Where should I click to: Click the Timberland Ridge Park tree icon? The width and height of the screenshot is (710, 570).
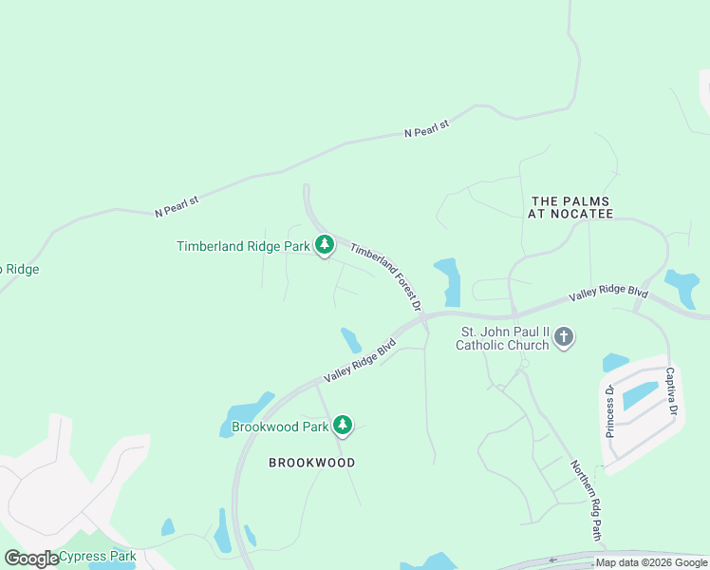325,246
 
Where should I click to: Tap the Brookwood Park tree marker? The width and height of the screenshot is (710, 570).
343,427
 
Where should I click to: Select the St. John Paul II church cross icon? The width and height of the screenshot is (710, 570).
564,337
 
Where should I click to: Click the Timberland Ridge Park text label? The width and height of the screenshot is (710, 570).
243,247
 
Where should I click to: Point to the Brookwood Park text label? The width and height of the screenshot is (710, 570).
280,427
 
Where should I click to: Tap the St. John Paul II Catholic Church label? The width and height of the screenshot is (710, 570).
502,338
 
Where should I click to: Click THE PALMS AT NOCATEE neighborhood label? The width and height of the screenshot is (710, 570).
570,208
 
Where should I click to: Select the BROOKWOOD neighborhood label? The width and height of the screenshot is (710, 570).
311,463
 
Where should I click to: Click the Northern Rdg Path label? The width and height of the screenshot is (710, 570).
586,500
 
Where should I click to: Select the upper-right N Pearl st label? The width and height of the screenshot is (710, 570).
425,125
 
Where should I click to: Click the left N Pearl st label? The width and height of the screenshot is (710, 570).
177,206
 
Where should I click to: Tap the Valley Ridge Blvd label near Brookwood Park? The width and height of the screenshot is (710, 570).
359,362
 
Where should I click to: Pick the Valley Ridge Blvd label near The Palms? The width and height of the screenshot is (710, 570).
607,294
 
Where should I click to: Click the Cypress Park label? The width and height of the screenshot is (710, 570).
97,557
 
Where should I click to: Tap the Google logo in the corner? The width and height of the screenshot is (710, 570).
31,559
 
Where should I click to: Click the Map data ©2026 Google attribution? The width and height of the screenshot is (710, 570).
651,563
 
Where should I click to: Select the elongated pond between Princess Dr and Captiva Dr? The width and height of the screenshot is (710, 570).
641,394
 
